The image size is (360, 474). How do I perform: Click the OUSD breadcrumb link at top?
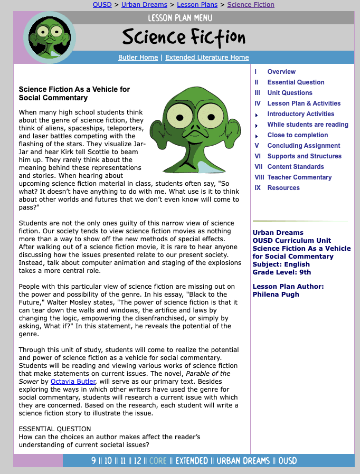point(102,5)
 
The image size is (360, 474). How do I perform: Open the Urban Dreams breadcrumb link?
point(144,5)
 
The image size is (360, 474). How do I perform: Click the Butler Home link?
point(138,58)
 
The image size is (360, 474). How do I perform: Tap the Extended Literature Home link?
point(207,58)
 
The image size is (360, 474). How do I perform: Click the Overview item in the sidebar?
point(281,72)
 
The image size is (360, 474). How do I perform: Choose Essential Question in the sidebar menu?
point(296,82)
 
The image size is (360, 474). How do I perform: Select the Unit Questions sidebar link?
point(290,93)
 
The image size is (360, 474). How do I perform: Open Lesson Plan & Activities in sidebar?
point(304,103)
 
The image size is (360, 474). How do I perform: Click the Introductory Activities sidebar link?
point(301,114)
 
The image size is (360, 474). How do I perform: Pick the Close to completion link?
point(298,135)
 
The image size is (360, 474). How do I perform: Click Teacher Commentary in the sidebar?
point(299,177)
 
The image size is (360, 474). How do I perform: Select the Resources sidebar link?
point(283,188)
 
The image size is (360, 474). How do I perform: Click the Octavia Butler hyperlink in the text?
point(73,382)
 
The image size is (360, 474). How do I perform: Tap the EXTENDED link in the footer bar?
point(192,461)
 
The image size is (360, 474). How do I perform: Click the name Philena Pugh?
point(276,295)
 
